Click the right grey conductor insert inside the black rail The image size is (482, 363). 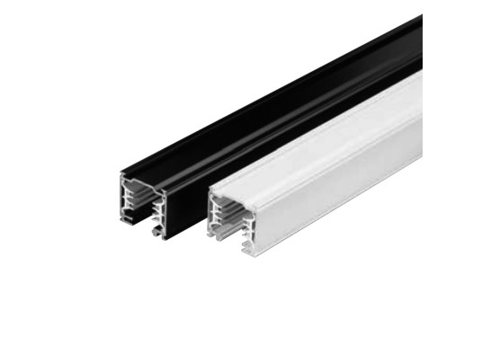[158, 212]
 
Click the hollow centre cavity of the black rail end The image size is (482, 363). [142, 207]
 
